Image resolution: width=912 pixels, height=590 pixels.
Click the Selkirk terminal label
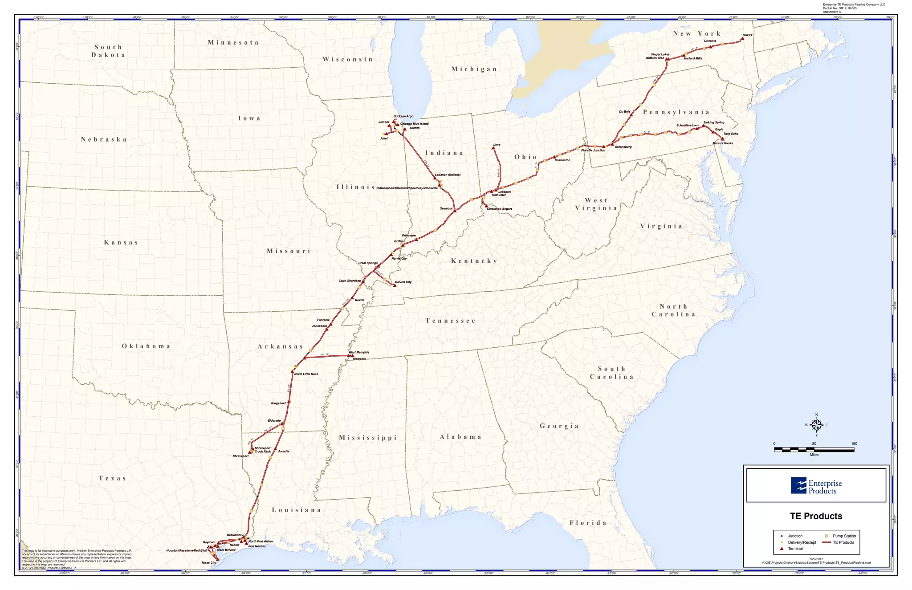pos(747,35)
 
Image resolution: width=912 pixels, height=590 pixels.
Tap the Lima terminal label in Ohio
pos(497,145)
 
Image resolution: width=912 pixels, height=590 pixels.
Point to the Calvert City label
pos(403,282)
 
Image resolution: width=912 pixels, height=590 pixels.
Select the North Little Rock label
pos(306,374)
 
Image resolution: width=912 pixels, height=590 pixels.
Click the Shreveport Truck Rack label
pos(262,450)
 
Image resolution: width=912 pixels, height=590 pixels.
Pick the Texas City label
pos(208,563)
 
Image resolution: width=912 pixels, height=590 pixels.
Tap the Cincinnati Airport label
pos(499,209)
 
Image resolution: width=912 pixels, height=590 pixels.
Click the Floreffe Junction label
pos(593,151)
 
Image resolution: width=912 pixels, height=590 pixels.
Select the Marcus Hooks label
pos(722,143)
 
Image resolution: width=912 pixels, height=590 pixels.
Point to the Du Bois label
pos(624,112)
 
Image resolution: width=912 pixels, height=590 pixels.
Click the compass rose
pos(816,426)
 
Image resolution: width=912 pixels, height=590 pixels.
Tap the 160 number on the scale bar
pos(854,444)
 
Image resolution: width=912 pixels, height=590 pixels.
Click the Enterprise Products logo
pos(816,486)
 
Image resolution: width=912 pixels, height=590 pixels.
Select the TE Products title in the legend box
pos(816,516)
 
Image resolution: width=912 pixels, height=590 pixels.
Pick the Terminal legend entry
pos(795,549)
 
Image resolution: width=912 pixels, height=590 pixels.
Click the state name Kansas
pos(121,243)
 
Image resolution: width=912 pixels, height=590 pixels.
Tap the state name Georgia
pos(559,426)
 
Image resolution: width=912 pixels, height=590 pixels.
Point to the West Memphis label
pos(358,352)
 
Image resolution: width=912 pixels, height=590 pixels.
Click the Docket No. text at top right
pos(839,8)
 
